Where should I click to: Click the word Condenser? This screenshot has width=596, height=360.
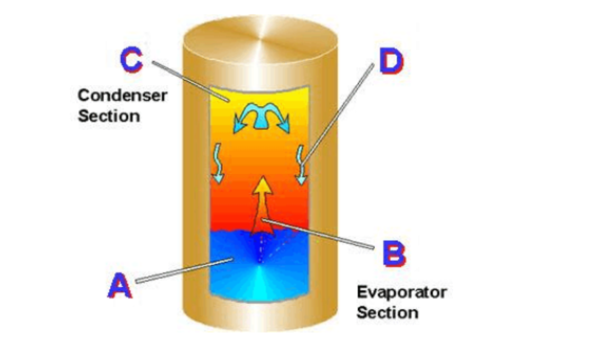pyautogui.click(x=122, y=95)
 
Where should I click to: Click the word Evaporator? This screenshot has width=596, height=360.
pyautogui.click(x=401, y=292)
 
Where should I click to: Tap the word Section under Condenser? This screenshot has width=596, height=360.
pyautogui.click(x=109, y=116)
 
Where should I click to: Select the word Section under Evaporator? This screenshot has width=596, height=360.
pyautogui.click(x=387, y=313)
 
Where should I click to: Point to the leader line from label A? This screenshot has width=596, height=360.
pyautogui.click(x=181, y=271)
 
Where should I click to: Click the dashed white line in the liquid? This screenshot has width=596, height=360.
pyautogui.click(x=262, y=249)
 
